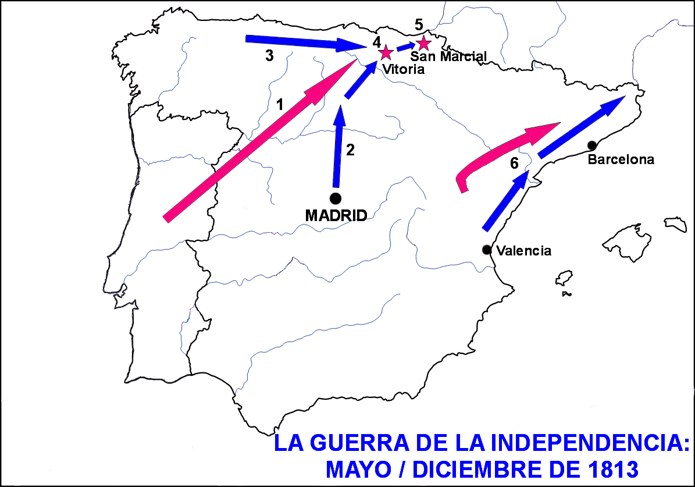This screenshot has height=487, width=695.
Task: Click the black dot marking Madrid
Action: (335, 198)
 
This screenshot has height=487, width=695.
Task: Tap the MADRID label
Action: (336, 215)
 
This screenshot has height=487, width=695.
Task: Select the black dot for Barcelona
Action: (592, 145)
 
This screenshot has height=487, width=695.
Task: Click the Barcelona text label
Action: (621, 159)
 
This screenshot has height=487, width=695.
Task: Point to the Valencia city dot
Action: (486, 250)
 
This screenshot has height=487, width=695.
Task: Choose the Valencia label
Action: (524, 251)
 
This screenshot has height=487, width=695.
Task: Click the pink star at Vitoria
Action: (385, 53)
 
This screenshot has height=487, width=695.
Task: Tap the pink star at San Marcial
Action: (423, 43)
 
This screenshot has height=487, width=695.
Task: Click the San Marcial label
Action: (448, 56)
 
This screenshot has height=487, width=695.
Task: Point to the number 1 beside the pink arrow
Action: (280, 105)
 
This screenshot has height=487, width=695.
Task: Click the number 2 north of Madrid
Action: (350, 150)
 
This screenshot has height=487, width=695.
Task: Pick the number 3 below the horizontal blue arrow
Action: (269, 56)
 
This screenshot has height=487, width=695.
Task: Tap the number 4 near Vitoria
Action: (376, 42)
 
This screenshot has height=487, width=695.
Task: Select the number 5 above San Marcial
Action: (419, 24)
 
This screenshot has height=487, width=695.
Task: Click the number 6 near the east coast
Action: (514, 163)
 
